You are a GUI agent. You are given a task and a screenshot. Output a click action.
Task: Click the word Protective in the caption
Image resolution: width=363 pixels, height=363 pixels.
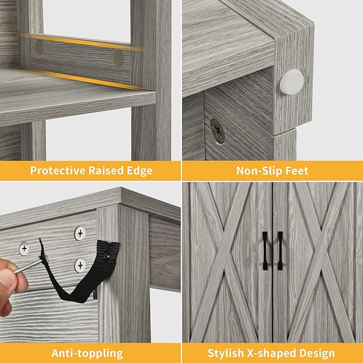point(58,171)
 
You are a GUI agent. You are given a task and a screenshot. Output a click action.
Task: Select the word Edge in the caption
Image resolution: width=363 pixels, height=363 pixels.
point(140,171)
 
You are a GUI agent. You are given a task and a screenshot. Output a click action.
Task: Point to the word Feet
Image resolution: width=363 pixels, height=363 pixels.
point(297,171)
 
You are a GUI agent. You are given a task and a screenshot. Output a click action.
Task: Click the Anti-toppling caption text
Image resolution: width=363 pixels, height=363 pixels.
point(87,353)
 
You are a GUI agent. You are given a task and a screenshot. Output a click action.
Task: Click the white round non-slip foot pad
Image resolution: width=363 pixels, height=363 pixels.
point(292,82)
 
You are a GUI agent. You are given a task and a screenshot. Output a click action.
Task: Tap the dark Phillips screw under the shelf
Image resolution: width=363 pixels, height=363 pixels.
point(217,131)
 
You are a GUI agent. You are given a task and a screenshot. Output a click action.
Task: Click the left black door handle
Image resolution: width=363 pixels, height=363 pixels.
point(265,251)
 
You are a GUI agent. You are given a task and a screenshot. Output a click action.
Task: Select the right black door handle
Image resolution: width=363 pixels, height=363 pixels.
point(280,251)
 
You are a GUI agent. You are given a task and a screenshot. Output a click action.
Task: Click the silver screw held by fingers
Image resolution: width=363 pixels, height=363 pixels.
point(29,266)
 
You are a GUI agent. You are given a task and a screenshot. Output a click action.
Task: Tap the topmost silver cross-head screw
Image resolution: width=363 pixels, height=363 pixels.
point(80,233)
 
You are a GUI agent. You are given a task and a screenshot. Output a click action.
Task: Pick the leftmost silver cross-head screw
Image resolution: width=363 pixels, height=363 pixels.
point(24,249)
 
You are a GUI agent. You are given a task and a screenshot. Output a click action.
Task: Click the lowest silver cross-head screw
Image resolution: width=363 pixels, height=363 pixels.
point(80,265)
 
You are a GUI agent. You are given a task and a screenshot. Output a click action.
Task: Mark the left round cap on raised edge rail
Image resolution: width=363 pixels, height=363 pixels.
point(38,47)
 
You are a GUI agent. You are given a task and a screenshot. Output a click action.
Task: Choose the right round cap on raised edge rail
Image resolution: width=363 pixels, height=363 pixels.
point(118,58)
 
